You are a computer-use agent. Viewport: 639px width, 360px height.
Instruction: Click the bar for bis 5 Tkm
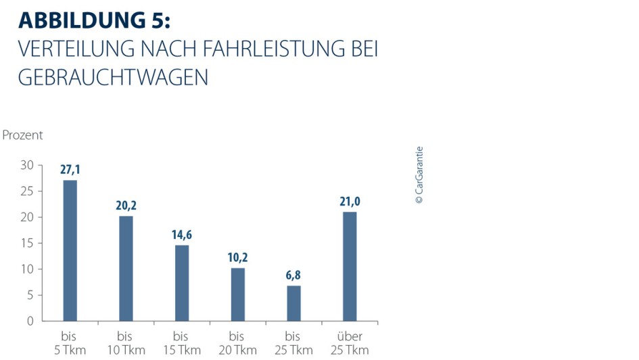tap(70, 250)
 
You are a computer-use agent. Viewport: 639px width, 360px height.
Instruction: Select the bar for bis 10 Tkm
tap(126, 268)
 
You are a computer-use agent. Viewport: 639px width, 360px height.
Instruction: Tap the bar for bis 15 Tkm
tap(182, 283)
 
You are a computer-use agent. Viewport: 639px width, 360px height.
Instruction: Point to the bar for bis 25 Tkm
tap(293, 303)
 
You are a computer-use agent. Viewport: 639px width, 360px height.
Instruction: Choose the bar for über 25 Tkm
tap(349, 266)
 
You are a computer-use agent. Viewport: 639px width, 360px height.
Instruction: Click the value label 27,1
tap(70, 170)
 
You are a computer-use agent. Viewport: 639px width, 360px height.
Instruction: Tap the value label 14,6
tap(182, 235)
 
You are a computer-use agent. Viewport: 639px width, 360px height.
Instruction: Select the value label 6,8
tap(293, 275)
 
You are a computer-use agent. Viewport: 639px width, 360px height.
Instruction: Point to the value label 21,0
tap(349, 202)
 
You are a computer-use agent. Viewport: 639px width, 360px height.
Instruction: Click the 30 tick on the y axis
tap(26, 166)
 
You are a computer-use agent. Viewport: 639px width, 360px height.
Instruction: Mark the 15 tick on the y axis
tap(26, 244)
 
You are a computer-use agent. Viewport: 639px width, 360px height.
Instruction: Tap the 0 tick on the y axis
tap(30, 321)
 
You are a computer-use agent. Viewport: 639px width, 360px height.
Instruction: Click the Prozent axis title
tap(22, 135)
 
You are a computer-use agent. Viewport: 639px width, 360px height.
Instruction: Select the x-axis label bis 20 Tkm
tap(237, 343)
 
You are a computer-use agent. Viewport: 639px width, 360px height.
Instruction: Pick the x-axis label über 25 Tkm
tap(349, 343)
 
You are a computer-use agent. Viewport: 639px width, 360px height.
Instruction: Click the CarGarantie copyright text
tap(419, 175)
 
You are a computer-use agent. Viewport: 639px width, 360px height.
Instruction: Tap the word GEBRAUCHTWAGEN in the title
tap(113, 77)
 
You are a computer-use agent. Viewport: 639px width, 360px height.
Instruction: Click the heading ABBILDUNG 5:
tap(94, 20)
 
